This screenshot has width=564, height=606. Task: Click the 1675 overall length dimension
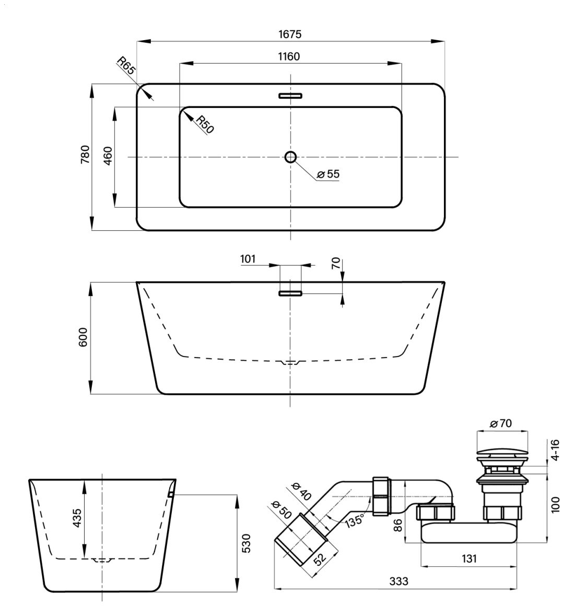click(x=289, y=34)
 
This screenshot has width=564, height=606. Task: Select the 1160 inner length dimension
click(x=289, y=57)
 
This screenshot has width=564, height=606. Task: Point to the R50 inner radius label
click(x=205, y=124)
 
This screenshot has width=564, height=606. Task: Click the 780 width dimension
click(x=85, y=154)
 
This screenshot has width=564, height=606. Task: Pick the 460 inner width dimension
click(x=108, y=156)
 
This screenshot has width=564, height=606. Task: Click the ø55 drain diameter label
click(x=328, y=174)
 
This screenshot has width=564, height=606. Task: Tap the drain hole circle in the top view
click(x=290, y=157)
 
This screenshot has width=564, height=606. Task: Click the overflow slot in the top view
click(x=290, y=96)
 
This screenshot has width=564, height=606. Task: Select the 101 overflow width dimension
click(x=248, y=258)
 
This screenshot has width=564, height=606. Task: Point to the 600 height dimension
click(x=84, y=337)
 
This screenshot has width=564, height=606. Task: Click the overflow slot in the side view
click(x=290, y=293)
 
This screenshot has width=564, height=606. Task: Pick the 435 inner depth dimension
click(x=77, y=518)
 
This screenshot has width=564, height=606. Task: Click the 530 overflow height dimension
click(x=246, y=543)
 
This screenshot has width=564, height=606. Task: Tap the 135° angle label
click(x=355, y=520)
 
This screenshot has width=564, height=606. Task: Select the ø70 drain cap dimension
click(x=501, y=423)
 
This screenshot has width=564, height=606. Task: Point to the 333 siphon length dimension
click(x=398, y=581)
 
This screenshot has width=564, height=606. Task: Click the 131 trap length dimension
click(x=469, y=559)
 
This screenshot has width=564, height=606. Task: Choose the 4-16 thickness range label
click(x=555, y=449)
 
